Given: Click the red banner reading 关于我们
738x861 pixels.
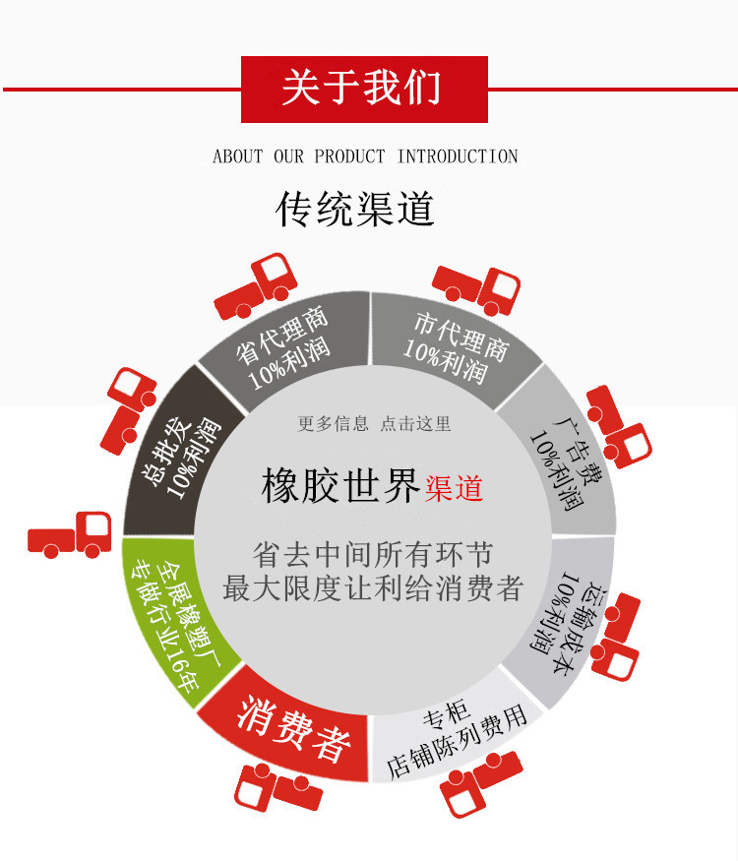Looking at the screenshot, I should point(364,89).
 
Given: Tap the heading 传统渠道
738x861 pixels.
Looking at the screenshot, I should point(355,210).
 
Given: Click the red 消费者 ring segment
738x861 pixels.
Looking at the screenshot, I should point(292,729).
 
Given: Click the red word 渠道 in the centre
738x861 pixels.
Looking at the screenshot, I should point(455,488).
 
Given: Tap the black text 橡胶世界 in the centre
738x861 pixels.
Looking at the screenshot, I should point(341,486).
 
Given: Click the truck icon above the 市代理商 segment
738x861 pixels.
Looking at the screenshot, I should point(476,285).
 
